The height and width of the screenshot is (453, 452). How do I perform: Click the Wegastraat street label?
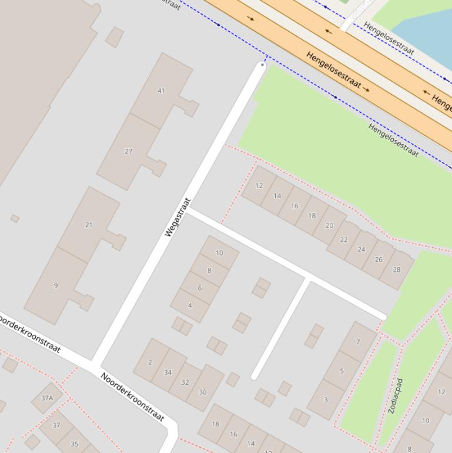coord(179,218)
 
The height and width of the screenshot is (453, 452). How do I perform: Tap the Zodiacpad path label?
coord(396,395)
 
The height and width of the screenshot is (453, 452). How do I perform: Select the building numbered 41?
coord(161,91)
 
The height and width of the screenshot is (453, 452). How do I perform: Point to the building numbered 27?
coord(128,151)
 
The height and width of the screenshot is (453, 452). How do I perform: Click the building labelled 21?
coord(89,225)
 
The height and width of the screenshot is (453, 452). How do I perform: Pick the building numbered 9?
coord(56,286)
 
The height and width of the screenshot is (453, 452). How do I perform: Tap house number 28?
coord(397,270)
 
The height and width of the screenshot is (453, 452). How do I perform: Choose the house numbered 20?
coord(329,225)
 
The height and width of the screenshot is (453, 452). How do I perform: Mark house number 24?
coord(361,249)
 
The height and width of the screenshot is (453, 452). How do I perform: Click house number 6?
coord(200,288)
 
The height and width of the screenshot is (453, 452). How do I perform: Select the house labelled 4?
coord(190,305)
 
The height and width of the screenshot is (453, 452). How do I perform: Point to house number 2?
coord(150,362)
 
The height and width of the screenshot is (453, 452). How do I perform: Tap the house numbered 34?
coord(168,372)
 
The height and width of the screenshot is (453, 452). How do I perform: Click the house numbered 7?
coord(358,342)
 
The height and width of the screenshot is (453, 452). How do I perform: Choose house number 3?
coord(326,400)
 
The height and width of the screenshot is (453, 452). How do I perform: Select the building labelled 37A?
coord(46,398)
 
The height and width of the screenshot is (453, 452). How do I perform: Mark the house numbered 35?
coord(75,444)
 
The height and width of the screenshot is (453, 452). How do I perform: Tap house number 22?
coord(344,239)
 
